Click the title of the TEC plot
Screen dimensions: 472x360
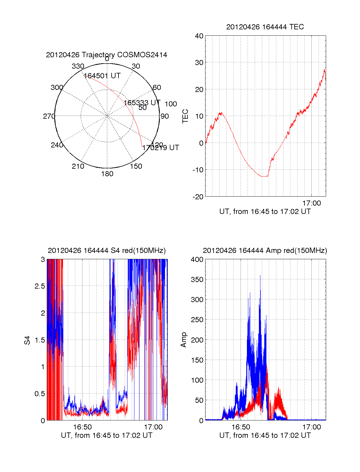pyautogui.click(x=265, y=27)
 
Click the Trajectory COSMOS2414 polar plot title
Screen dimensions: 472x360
pyautogui.click(x=106, y=55)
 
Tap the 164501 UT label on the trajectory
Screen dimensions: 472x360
pyautogui.click(x=102, y=76)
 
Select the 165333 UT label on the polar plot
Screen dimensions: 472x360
pyautogui.click(x=142, y=102)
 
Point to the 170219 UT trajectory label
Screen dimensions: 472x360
pyautogui.click(x=160, y=148)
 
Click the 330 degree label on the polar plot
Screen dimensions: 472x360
pyautogui.click(x=78, y=66)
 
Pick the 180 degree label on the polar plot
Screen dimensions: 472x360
pyautogui.click(x=107, y=174)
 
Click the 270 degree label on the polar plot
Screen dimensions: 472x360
pyautogui.click(x=49, y=116)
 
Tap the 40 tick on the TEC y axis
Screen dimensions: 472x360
pyautogui.click(x=199, y=36)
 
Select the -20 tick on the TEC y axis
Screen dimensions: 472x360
pyautogui.click(x=198, y=197)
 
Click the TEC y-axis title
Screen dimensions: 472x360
pyautogui.click(x=185, y=116)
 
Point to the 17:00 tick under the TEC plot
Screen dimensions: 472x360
pyautogui.click(x=311, y=203)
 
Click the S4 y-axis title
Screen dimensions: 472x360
pyautogui.click(x=27, y=340)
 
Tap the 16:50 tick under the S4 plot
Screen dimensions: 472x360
pyautogui.click(x=82, y=427)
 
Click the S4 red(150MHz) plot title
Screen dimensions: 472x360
pyautogui.click(x=106, y=251)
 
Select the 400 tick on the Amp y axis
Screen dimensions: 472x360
pyautogui.click(x=197, y=260)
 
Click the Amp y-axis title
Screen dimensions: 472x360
pyautogui.click(x=184, y=340)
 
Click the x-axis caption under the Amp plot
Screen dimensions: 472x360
pyautogui.click(x=265, y=435)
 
